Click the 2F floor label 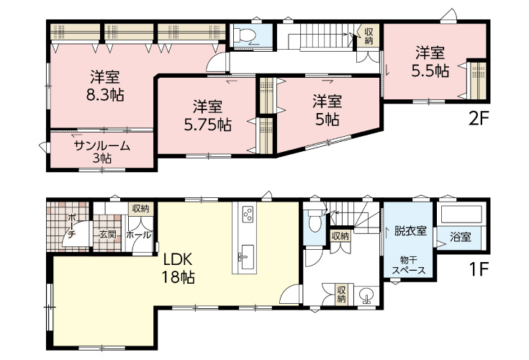[479, 119]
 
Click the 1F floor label [479, 269]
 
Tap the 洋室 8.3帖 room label [105, 86]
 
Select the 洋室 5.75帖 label [208, 116]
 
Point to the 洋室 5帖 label [327, 110]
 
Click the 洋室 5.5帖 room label [430, 62]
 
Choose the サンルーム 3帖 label [101, 152]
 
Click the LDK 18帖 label [178, 269]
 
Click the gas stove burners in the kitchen [248, 214]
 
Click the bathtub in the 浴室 [461, 214]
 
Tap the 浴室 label [460, 237]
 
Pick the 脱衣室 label [410, 231]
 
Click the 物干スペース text [408, 266]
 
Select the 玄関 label [108, 235]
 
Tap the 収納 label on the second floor [369, 37]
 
